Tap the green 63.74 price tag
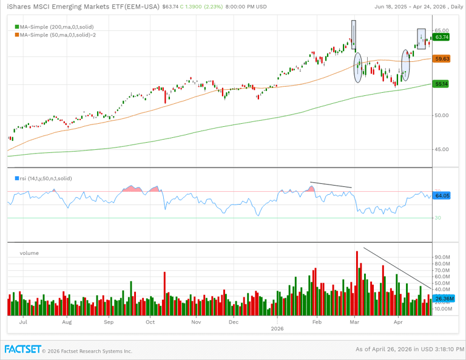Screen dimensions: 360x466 tap(442, 37)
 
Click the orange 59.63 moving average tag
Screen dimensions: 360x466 tap(442, 59)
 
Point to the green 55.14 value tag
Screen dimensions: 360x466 tap(441, 84)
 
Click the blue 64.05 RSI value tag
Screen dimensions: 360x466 tap(442, 195)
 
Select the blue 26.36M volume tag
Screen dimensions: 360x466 tap(444, 299)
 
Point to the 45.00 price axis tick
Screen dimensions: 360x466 tap(441, 149)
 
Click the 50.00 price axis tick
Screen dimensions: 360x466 tap(441, 115)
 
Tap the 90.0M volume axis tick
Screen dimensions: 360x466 tap(442, 257)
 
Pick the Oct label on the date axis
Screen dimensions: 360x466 tap(150, 322)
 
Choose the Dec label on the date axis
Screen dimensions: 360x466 tap(234, 322)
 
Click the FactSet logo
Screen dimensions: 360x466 tap(23, 350)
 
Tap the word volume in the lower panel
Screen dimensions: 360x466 tap(29, 253)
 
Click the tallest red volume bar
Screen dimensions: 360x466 tap(357, 283)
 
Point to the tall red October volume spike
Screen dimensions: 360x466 tap(164, 294)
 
